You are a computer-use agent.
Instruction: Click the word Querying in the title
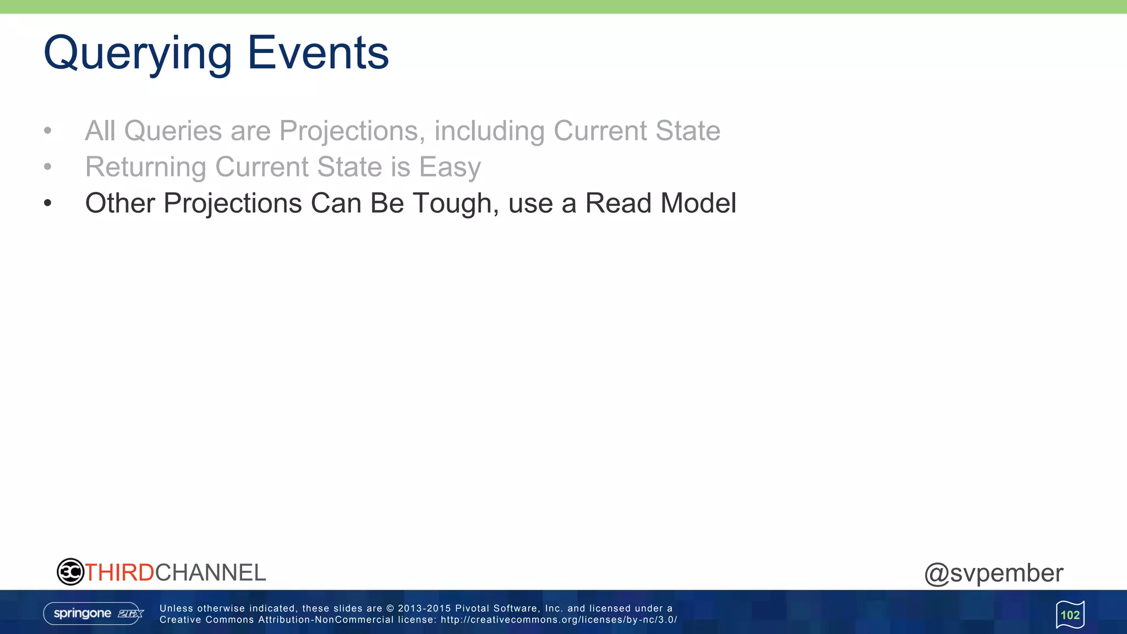[138, 54]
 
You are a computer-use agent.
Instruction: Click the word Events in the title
[318, 53]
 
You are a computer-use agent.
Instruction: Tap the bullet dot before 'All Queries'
[48, 131]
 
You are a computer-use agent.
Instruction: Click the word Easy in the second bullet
[450, 167]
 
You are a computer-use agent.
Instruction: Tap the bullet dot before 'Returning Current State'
[48, 167]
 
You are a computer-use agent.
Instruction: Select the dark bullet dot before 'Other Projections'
[48, 203]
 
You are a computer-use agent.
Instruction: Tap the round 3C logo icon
[70, 572]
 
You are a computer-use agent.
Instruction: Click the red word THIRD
[119, 573]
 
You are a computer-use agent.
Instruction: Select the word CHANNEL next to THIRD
[210, 573]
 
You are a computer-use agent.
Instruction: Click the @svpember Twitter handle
[994, 573]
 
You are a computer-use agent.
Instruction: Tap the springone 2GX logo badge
[94, 614]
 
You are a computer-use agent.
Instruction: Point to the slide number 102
[1070, 615]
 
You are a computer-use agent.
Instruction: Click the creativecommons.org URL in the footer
[558, 620]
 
